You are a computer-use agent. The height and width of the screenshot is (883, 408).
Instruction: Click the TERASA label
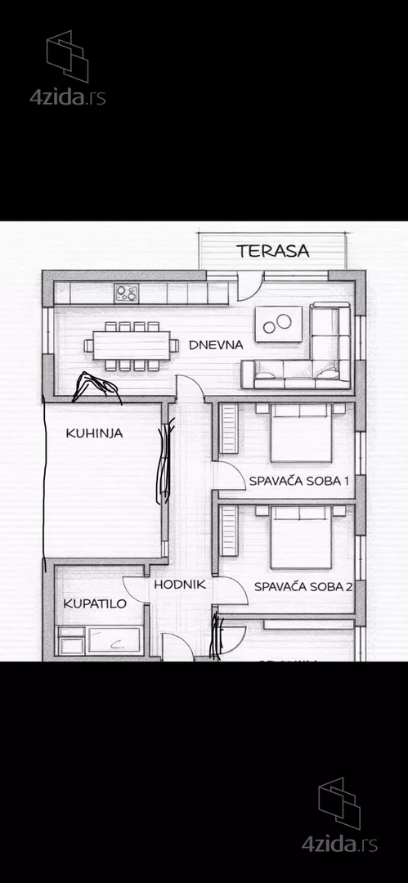pos(273,251)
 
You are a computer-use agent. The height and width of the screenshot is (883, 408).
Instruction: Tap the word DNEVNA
pos(216,345)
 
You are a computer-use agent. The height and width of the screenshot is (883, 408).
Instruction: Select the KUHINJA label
pos(94,433)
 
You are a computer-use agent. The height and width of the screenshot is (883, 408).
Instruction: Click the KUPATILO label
pos(95,604)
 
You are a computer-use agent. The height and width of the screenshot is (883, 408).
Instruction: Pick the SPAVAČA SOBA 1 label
pos(299,482)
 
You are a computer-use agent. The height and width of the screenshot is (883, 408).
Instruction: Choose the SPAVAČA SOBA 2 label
pos(303,586)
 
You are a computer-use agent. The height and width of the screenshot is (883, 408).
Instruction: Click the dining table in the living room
pos(131,346)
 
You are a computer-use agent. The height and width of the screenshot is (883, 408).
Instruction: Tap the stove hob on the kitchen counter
pos(126,292)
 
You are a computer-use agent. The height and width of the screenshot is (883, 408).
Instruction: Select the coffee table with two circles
pos(278,324)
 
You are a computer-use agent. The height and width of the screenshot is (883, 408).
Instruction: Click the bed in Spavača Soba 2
pos(301,537)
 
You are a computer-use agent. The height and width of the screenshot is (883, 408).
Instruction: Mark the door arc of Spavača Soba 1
pos(229,476)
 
